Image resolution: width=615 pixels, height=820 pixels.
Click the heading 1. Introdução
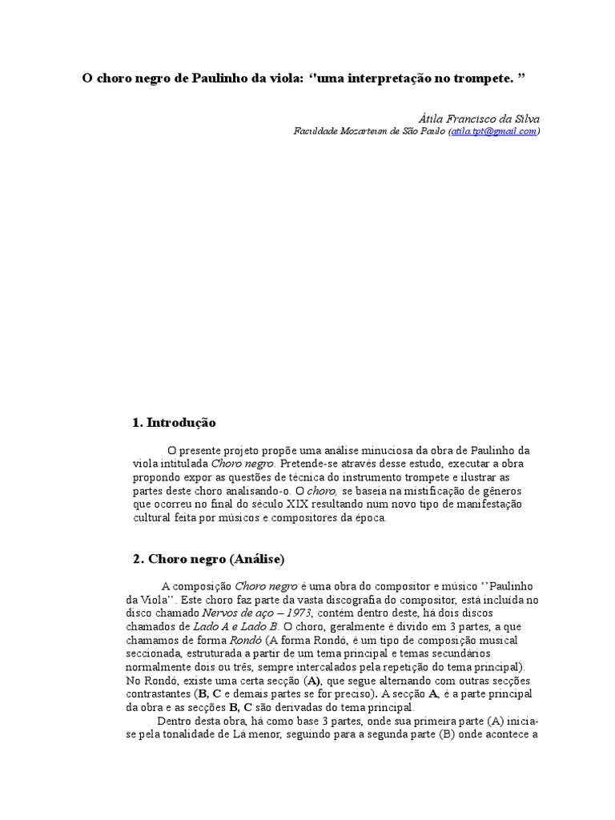(174, 422)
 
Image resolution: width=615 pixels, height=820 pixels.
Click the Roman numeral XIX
(299, 504)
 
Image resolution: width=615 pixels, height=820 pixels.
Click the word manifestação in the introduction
(481, 504)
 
